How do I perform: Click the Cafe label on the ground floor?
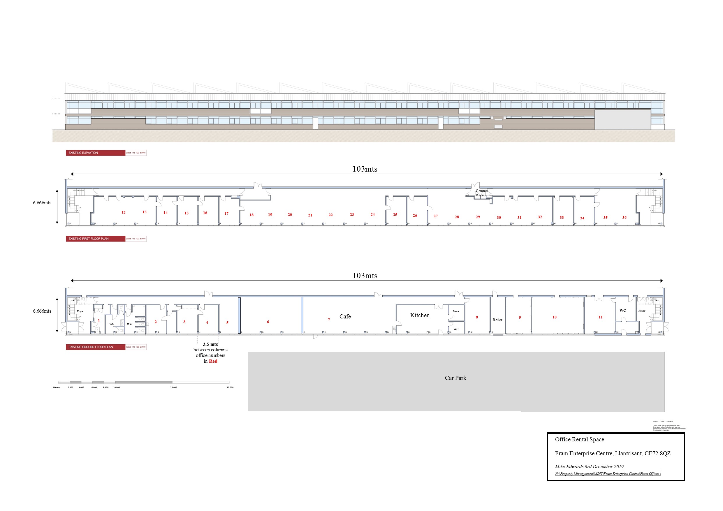click(x=345, y=316)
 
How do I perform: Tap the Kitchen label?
click(x=419, y=315)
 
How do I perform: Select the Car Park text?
click(x=455, y=378)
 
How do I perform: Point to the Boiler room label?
click(x=497, y=320)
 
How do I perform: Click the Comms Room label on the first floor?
click(x=481, y=193)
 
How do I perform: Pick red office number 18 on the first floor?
click(x=251, y=215)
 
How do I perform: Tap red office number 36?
click(x=624, y=218)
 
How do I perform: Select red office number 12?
click(x=124, y=212)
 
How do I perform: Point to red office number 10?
click(x=554, y=317)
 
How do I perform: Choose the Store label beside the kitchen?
click(x=456, y=311)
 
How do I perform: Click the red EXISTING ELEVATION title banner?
click(x=95, y=153)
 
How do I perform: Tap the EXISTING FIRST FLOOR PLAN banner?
click(x=95, y=239)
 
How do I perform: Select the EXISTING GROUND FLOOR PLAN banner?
click(x=95, y=347)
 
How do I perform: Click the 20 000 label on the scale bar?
click(x=173, y=387)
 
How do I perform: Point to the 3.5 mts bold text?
click(x=210, y=344)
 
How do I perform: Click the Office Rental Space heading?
click(x=579, y=440)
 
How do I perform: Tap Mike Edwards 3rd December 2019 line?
click(x=589, y=467)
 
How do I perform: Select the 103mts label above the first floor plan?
click(x=365, y=169)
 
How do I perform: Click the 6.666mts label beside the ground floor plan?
click(x=42, y=311)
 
